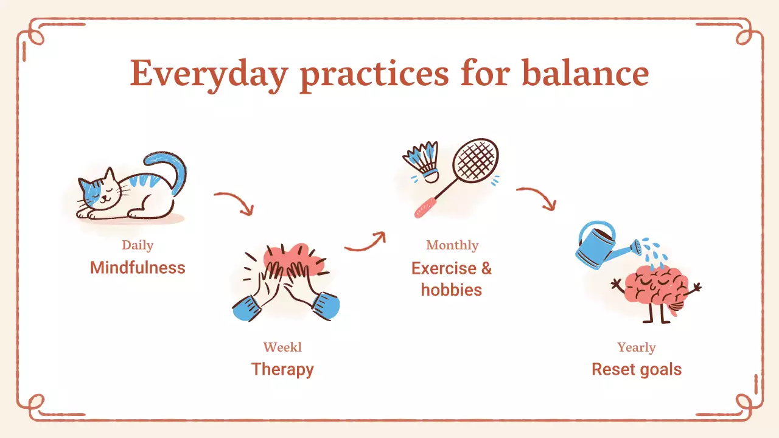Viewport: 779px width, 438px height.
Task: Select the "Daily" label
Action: click(138, 246)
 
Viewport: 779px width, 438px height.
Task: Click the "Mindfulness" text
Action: click(138, 268)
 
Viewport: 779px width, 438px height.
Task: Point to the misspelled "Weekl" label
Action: click(282, 347)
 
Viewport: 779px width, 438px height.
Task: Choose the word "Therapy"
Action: click(282, 370)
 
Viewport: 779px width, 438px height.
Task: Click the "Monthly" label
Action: click(452, 246)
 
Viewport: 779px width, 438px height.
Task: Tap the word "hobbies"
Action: click(452, 290)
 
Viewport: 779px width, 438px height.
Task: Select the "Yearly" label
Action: click(637, 347)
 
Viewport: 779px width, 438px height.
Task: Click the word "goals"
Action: click(661, 370)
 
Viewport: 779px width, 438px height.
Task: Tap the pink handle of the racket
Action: click(425, 207)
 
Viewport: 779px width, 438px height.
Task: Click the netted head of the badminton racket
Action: click(476, 160)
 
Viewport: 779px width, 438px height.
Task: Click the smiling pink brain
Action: click(656, 288)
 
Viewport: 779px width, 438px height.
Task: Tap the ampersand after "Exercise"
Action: click(486, 268)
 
